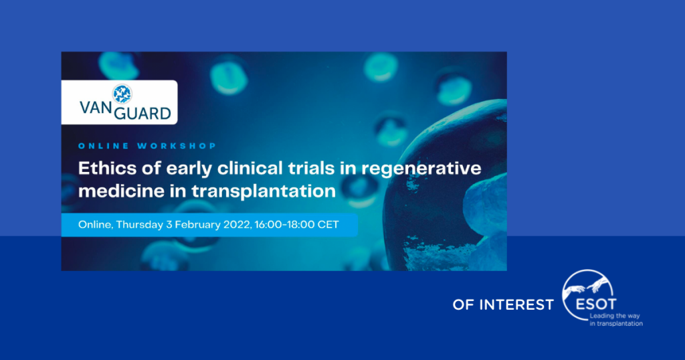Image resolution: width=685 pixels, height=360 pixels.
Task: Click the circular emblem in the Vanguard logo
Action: pyautogui.click(x=122, y=94)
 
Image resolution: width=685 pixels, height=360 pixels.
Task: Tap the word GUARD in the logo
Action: pyautogui.click(x=142, y=114)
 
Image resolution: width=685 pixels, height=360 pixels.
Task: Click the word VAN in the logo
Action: pyautogui.click(x=96, y=108)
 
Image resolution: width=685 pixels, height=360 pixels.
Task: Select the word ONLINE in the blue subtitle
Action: pyautogui.click(x=104, y=146)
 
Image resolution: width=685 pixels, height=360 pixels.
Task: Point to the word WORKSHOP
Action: pyautogui.click(x=177, y=146)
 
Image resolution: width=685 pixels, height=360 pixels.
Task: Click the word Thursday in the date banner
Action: pyautogui.click(x=139, y=225)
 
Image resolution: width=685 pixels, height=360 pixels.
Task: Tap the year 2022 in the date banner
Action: pyautogui.click(x=237, y=225)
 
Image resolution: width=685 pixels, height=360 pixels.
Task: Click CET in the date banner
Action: pyautogui.click(x=328, y=225)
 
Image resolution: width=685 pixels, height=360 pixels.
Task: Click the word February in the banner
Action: pyautogui.click(x=198, y=225)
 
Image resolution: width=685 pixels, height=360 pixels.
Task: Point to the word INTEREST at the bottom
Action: pyautogui.click(x=516, y=304)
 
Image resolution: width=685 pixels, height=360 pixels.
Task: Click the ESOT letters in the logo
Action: pyautogui.click(x=596, y=304)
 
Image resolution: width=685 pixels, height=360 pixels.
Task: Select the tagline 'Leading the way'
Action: pyautogui.click(x=615, y=316)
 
